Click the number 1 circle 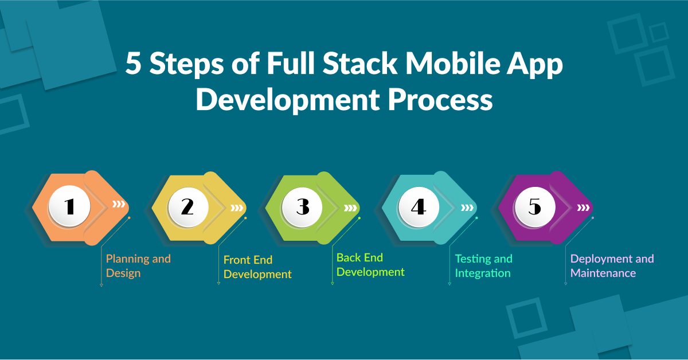coord(69,206)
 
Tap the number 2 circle coord(187,206)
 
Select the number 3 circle coord(302,206)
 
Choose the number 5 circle coord(534,206)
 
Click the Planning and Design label coord(138,266)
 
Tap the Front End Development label coord(257,267)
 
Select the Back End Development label coord(370,265)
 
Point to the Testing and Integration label coord(483,266)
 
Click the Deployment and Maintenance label coord(612,266)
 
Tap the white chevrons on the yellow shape coord(236,207)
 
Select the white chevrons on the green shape coord(350,207)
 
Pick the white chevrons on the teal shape coord(467,207)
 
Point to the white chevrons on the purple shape coord(584,207)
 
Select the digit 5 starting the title coord(133,64)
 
